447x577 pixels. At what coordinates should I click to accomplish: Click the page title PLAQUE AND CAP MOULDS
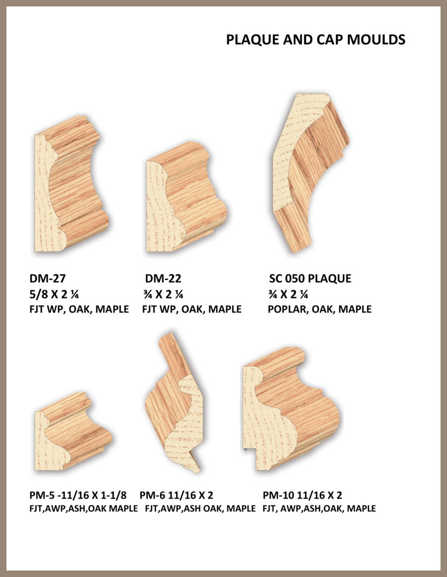(315, 40)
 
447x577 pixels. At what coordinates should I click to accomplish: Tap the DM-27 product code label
(47, 278)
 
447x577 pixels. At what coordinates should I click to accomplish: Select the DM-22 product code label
(163, 278)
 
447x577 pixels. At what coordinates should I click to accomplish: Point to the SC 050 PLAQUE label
(310, 278)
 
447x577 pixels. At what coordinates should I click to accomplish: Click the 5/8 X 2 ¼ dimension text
(54, 294)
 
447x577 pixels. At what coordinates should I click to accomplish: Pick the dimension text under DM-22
(163, 294)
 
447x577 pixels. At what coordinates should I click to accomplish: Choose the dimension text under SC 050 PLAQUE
(288, 294)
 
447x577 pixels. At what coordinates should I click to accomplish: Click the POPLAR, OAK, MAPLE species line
(319, 309)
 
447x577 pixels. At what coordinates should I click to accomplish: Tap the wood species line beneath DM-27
(79, 309)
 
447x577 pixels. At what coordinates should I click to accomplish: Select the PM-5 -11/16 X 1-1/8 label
(77, 495)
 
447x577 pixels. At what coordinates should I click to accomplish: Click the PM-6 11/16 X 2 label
(176, 495)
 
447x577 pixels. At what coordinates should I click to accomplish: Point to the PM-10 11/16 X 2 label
(302, 495)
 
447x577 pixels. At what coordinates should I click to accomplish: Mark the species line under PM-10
(319, 508)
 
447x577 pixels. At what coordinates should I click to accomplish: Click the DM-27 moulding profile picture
(71, 184)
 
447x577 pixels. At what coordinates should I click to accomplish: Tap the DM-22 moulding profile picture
(186, 197)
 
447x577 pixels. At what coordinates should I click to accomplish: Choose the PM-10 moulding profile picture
(291, 409)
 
